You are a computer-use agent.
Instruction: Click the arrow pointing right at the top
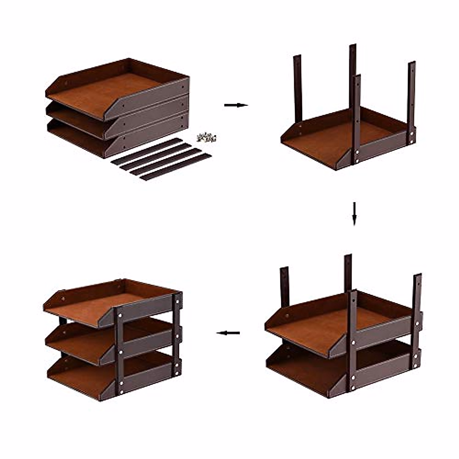click(236, 105)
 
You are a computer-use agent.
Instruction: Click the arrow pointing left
click(228, 333)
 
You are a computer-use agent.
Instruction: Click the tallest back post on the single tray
click(352, 76)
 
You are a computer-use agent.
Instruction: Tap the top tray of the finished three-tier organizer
click(96, 302)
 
